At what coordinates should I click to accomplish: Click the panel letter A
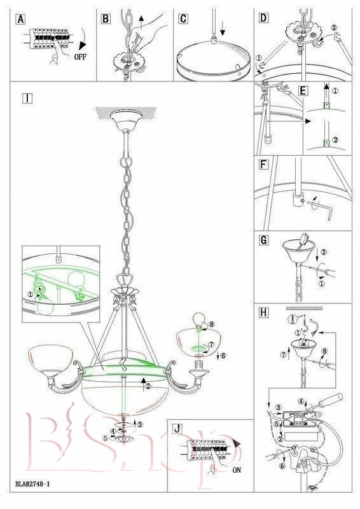click(20, 20)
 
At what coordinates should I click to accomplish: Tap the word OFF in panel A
click(80, 57)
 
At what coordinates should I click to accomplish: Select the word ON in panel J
click(237, 470)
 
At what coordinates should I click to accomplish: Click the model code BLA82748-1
click(32, 484)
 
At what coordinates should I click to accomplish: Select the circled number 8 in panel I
click(212, 324)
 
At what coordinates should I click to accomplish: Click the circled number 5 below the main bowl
click(105, 438)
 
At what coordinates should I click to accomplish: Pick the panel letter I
click(27, 98)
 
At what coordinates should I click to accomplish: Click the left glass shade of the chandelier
click(51, 358)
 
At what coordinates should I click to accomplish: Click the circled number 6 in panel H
click(282, 466)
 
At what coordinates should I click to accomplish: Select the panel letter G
click(263, 241)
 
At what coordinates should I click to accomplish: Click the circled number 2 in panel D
click(334, 28)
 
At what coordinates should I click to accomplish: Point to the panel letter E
click(303, 91)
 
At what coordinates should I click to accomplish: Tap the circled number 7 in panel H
click(284, 355)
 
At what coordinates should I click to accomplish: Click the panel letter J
click(177, 428)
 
